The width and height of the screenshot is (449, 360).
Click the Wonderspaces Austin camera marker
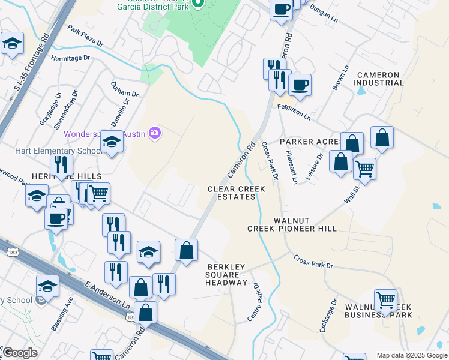point(155,133)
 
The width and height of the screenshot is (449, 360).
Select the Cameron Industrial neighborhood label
point(378,79)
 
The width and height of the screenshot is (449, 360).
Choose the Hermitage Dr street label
point(70,58)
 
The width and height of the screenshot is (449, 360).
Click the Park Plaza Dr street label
point(85,37)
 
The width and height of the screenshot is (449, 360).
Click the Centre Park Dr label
point(253,302)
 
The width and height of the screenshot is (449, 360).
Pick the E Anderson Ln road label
point(108,299)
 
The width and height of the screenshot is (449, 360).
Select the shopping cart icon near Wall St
point(364,169)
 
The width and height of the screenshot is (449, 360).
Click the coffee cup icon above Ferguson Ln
point(300,83)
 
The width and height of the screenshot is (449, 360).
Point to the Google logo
point(20,353)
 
